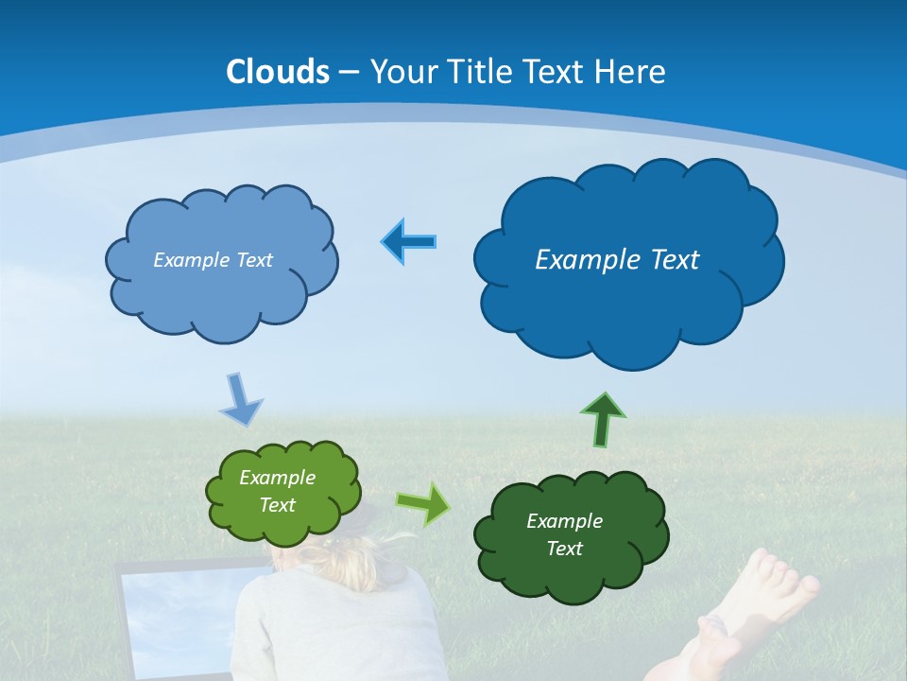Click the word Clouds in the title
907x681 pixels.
pos(278,72)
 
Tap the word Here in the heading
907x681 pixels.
pos(633,72)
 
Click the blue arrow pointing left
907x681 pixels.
pos(409,242)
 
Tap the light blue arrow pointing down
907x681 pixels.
pos(240,399)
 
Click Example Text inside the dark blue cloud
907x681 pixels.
pos(617,260)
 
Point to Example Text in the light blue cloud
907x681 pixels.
pos(213,260)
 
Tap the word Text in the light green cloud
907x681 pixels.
pos(277,505)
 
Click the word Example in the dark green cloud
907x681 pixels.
pos(564,521)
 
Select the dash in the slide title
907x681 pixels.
pos(349,73)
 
